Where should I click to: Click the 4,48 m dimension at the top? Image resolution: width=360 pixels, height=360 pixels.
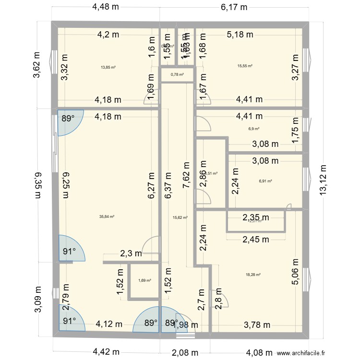point(106,7)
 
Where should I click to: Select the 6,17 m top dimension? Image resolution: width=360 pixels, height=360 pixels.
point(234,7)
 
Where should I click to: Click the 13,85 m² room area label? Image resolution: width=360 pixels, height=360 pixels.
point(108,67)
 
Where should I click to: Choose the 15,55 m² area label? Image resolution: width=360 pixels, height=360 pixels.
point(245,66)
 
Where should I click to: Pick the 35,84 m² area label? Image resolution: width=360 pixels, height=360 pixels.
point(107,216)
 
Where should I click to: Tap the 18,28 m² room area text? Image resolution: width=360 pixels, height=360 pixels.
point(253,275)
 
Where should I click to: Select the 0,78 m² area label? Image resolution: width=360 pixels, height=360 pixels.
point(178,74)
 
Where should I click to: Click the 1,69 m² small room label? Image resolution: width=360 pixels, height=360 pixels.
point(144,281)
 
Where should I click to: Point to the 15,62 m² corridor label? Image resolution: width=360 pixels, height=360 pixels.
point(180,217)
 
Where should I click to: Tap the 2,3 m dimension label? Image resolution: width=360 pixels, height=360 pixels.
point(131,253)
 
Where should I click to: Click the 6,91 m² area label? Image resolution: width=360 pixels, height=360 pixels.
point(265,181)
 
